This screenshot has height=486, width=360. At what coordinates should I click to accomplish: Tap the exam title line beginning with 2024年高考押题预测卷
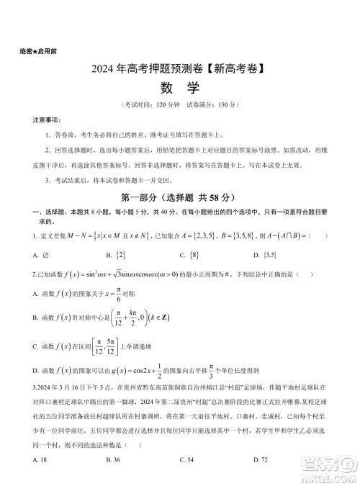coord(179,70)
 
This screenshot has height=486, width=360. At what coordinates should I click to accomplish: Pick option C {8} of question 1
coord(189,256)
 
